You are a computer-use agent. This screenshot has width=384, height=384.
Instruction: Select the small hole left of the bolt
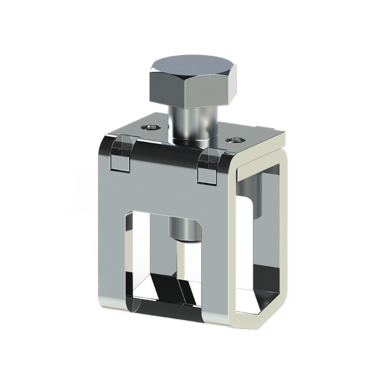pos(149,128)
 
